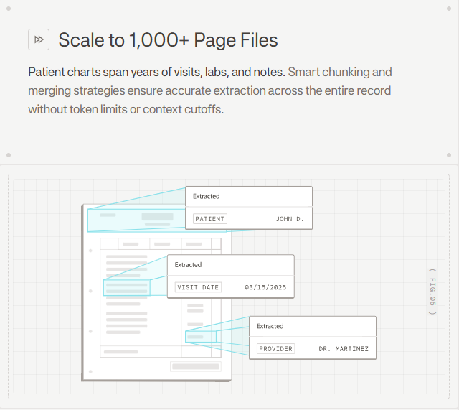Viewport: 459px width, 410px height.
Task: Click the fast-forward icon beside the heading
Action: (39, 39)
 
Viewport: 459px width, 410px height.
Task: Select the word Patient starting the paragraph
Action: (47, 72)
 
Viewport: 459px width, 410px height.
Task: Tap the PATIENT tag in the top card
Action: (210, 218)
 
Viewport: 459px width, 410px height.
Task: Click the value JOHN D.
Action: (290, 218)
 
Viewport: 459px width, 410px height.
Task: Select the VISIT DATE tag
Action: (198, 286)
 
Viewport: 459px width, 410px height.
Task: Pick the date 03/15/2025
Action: (265, 286)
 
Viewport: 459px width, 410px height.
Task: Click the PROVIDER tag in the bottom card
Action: (276, 348)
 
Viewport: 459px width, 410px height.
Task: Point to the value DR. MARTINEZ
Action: (344, 348)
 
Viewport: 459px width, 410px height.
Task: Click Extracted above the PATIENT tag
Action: (207, 196)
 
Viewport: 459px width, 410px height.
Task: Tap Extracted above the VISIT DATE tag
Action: (189, 265)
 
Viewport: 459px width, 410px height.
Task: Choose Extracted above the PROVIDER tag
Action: (270, 326)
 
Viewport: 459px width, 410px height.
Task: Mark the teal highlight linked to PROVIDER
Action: (201, 336)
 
